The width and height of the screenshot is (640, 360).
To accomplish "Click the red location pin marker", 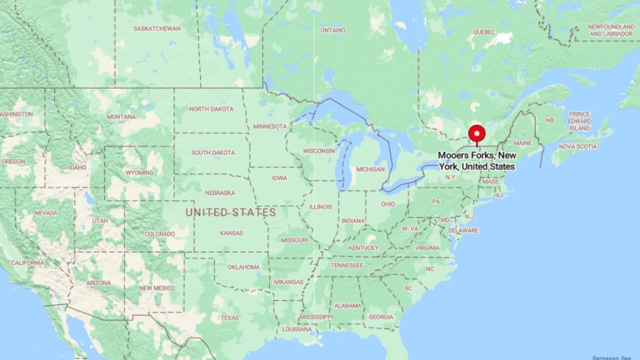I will [477, 134].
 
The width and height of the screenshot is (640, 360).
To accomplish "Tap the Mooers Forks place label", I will [476, 161].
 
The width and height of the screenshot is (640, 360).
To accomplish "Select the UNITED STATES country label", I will [231, 212].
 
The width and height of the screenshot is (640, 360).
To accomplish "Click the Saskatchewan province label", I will [157, 29].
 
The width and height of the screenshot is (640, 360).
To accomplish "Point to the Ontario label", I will [332, 30].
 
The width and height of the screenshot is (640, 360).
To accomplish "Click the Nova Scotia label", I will [577, 146].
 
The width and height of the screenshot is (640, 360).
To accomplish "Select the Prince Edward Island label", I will [579, 121].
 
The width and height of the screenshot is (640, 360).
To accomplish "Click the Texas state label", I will [229, 317].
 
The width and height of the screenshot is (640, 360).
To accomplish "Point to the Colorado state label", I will [160, 234].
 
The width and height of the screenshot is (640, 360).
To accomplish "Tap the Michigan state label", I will [371, 169].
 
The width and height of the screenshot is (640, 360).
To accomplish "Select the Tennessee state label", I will [347, 265].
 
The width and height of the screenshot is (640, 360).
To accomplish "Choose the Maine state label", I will [522, 143].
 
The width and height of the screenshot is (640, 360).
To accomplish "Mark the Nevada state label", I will [46, 212].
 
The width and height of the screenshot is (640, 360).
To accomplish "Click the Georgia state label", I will [381, 317].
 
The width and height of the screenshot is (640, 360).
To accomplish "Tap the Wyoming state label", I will [139, 172].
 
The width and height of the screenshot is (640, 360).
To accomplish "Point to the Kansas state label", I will [231, 233].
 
